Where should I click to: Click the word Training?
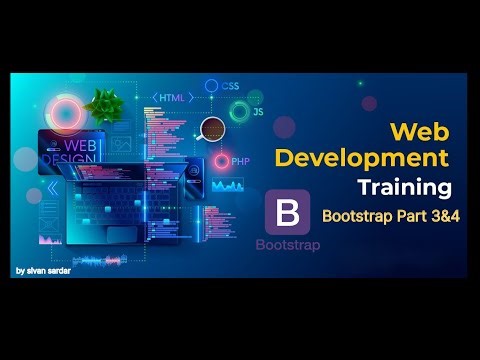404,187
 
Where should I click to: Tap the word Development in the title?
361,157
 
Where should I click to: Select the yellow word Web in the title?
418,130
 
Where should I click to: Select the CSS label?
231,87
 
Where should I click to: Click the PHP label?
240,160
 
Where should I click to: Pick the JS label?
258,112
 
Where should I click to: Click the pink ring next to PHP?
221,160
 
